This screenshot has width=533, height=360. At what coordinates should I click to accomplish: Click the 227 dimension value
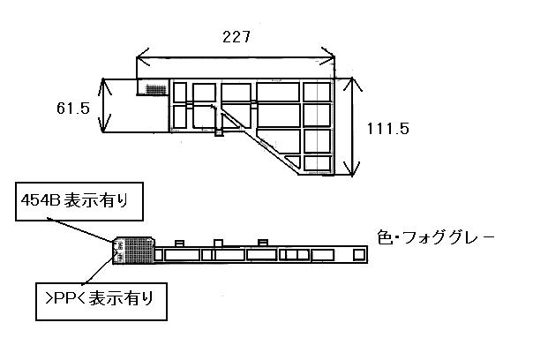pyautogui.click(x=236, y=37)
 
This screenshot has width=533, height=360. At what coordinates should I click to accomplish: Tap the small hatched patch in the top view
pyautogui.click(x=154, y=89)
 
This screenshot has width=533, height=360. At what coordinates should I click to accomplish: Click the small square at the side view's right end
pyautogui.click(x=359, y=254)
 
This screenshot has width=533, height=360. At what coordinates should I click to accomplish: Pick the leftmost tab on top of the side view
pyautogui.click(x=179, y=243)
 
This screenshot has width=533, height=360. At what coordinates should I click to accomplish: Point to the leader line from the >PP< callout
pyautogui.click(x=98, y=270)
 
